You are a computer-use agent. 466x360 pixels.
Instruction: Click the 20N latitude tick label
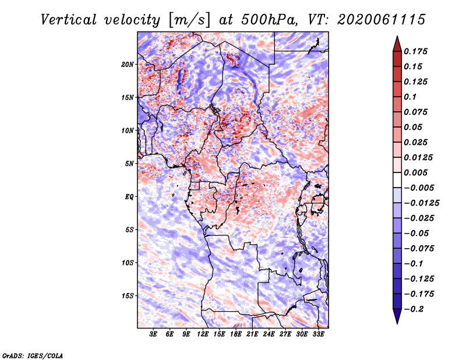coord(127,65)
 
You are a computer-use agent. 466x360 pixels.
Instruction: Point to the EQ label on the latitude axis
coord(129,197)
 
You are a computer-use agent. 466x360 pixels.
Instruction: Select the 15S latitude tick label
coord(127,296)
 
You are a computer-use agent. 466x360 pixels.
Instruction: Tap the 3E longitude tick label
coord(153,334)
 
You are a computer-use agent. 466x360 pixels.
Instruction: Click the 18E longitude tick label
coord(236,334)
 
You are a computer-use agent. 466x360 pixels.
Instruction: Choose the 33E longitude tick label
coord(318,334)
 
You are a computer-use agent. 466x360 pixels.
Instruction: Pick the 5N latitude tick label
coord(129,164)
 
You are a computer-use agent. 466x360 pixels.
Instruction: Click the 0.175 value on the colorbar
coord(415,51)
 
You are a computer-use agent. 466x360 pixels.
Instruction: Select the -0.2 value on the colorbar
coord(414,309)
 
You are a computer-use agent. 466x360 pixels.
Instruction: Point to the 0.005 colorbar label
coord(415,172)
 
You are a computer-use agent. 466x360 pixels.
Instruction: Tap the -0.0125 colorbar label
coord(421,203)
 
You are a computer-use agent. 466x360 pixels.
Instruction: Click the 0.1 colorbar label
coord(410,97)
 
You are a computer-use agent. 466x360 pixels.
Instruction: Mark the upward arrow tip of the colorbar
coord(397,36)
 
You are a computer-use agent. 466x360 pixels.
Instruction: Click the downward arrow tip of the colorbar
coord(397,323)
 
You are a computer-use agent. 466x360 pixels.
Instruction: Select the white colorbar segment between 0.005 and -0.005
coord(397,180)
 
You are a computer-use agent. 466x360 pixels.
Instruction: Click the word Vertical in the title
coord(69,20)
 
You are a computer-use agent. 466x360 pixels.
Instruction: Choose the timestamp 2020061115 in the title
coord(382,20)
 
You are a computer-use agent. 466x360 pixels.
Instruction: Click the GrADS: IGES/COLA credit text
coord(33,355)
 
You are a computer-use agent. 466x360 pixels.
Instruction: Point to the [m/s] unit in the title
coord(189,20)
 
